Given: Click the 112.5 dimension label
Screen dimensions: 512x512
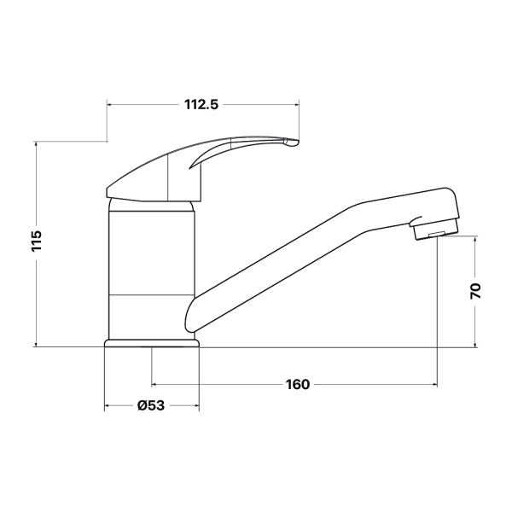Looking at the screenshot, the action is click(201, 104).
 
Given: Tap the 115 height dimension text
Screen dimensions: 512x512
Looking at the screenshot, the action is click(37, 241).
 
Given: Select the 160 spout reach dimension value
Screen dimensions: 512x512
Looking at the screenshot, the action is click(298, 384).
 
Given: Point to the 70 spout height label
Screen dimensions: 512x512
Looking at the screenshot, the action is click(475, 291).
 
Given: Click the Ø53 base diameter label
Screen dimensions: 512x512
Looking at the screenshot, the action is click(151, 405).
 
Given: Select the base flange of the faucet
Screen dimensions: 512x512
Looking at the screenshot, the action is click(152, 343).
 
